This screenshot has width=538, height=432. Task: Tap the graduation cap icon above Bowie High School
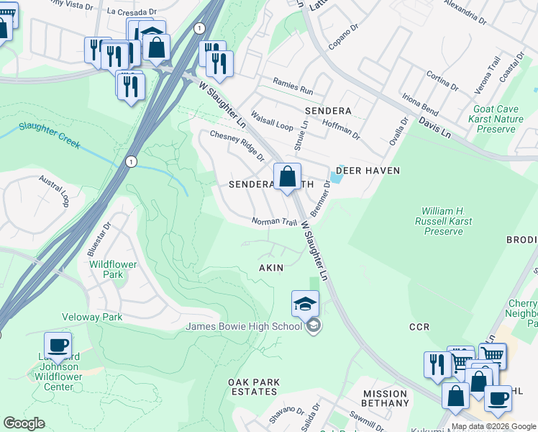tap(305, 303)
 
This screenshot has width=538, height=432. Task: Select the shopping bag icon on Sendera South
tap(287, 176)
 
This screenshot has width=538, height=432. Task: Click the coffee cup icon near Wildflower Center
tap(58, 345)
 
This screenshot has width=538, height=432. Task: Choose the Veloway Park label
tap(92, 317)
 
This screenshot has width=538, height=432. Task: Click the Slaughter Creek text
tap(50, 134)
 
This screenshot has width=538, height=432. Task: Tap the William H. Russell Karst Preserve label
tap(443, 221)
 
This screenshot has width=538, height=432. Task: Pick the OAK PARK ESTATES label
tap(252, 387)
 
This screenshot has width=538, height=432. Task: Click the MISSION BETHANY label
tap(386, 398)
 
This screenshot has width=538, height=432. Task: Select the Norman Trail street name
tap(274, 222)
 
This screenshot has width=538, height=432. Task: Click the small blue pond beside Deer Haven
tap(336, 176)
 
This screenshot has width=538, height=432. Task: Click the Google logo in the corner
tap(24, 423)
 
